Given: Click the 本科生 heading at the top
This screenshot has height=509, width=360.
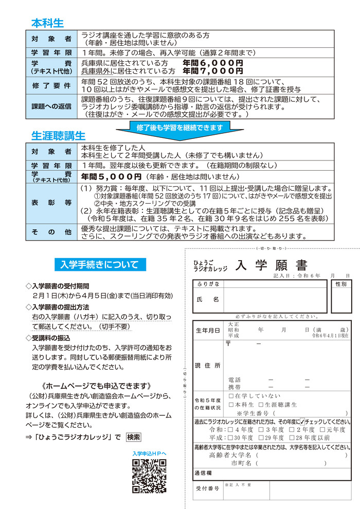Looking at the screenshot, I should click(47, 23).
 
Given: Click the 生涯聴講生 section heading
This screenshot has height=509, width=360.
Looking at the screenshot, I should click(59, 136).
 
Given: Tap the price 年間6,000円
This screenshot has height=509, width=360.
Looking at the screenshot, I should click(212, 63).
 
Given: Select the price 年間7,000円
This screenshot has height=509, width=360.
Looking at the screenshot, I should click(212, 71).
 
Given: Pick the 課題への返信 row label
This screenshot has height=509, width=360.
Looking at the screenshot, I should click(51, 106).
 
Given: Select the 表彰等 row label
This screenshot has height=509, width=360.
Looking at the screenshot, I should click(51, 203).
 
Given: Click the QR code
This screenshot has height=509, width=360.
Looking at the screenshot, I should click(149, 476).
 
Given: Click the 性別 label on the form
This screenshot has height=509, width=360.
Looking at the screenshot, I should click(341, 284).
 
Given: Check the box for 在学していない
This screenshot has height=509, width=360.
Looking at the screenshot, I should click(230, 396).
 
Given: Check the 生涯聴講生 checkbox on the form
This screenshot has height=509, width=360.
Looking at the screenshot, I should click(261, 405).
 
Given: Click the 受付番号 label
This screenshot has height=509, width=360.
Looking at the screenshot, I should click(207, 488).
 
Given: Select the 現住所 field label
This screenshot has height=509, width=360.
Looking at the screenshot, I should click(208, 365).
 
